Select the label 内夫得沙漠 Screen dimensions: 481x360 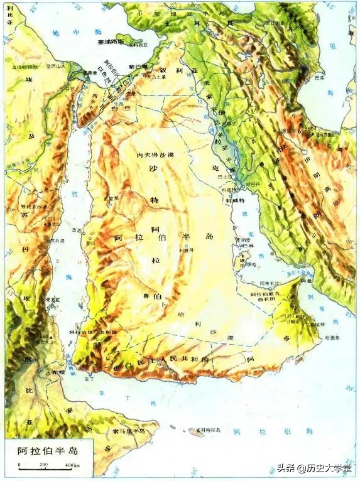pos(155,154)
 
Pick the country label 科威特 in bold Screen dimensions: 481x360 pos(234,200)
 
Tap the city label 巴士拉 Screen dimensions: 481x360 pos(224,178)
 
